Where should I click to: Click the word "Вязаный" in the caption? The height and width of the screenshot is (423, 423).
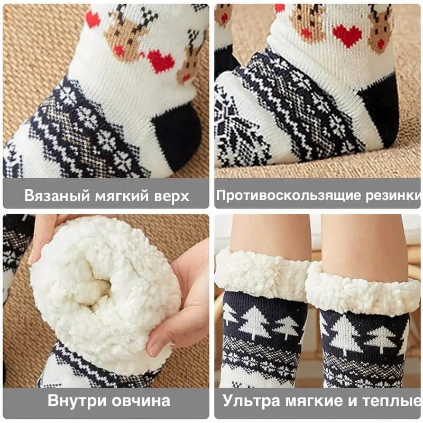pyautogui.click(x=57, y=195)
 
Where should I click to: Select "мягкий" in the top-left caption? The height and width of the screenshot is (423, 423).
pyautogui.click(x=122, y=195)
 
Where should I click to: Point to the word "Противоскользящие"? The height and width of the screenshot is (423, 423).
pyautogui.click(x=288, y=195)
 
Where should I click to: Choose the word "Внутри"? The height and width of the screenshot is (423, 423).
pyautogui.click(x=77, y=400)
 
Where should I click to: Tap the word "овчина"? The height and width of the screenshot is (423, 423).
pyautogui.click(x=141, y=401)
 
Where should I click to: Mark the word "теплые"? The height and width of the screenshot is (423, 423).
pyautogui.click(x=392, y=401)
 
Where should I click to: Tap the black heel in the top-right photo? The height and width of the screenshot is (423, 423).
pyautogui.click(x=380, y=111)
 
